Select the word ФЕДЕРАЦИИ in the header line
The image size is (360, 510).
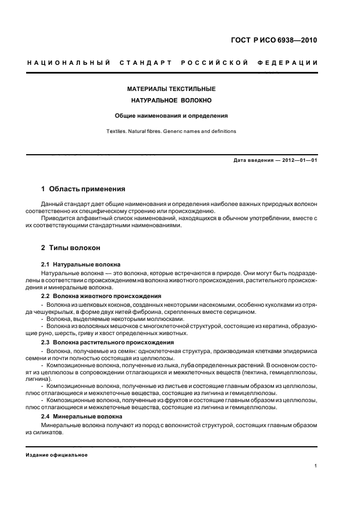click(x=291, y=63)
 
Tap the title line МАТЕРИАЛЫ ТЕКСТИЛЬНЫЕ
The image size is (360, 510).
click(x=172, y=88)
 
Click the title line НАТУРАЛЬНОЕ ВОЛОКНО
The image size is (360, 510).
click(x=172, y=100)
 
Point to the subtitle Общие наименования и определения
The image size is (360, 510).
click(x=171, y=116)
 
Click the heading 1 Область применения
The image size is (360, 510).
click(x=83, y=189)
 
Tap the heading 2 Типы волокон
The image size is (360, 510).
click(x=71, y=247)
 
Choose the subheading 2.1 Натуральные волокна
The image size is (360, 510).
click(x=81, y=264)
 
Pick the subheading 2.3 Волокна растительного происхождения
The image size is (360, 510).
click(x=104, y=342)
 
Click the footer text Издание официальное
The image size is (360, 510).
click(x=57, y=455)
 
